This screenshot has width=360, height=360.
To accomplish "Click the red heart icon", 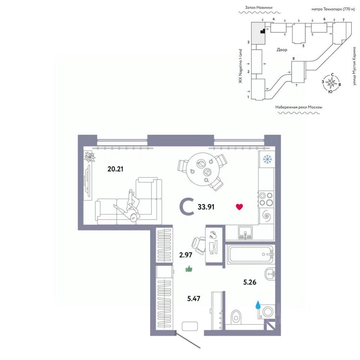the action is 239,207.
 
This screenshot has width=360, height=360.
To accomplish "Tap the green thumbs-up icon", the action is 189,268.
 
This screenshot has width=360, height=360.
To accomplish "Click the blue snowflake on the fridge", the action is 267,159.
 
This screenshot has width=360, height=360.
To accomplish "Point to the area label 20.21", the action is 115,169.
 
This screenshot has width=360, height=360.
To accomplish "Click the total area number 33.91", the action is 206,207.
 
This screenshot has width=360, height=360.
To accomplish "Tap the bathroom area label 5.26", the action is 250,282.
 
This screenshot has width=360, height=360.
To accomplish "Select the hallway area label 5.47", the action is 194,298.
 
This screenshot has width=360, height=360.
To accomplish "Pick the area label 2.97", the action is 186,255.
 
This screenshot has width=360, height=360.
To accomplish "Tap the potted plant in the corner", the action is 89,157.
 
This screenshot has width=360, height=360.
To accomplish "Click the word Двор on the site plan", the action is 282,50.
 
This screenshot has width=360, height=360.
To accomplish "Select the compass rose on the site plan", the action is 331,82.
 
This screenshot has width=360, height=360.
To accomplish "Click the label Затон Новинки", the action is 258,7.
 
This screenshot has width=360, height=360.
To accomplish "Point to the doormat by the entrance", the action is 190,326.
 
